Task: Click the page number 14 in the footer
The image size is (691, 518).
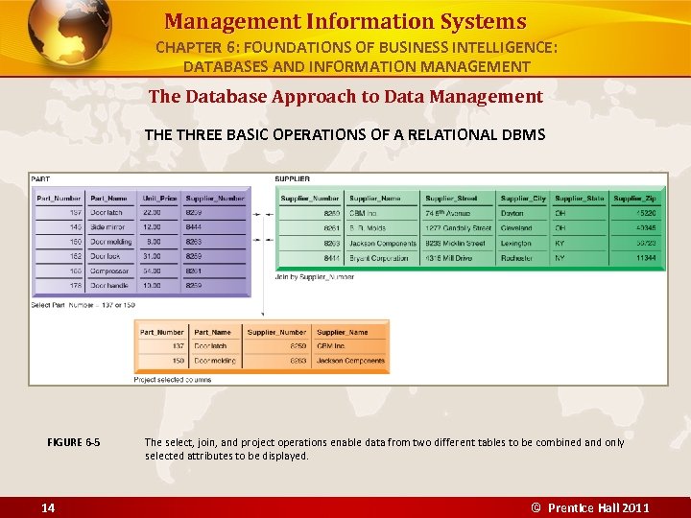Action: pyautogui.click(x=47, y=507)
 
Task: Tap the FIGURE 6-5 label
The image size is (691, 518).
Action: pyautogui.click(x=73, y=442)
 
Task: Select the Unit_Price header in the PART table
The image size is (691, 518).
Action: pyautogui.click(x=159, y=198)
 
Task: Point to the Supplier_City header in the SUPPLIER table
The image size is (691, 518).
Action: pyautogui.click(x=523, y=198)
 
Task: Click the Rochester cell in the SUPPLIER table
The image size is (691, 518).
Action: pyautogui.click(x=517, y=258)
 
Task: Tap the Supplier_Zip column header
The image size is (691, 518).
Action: pyautogui.click(x=634, y=198)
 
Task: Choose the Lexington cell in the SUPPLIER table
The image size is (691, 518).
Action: pyautogui.click(x=516, y=243)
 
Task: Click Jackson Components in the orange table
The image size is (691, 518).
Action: pyautogui.click(x=350, y=362)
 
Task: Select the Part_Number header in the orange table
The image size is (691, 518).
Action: pyautogui.click(x=162, y=332)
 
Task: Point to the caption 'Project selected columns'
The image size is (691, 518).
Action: pyautogui.click(x=173, y=379)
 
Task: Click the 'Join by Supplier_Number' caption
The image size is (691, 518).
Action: pyautogui.click(x=314, y=276)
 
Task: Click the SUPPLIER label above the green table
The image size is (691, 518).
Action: pyautogui.click(x=292, y=178)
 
